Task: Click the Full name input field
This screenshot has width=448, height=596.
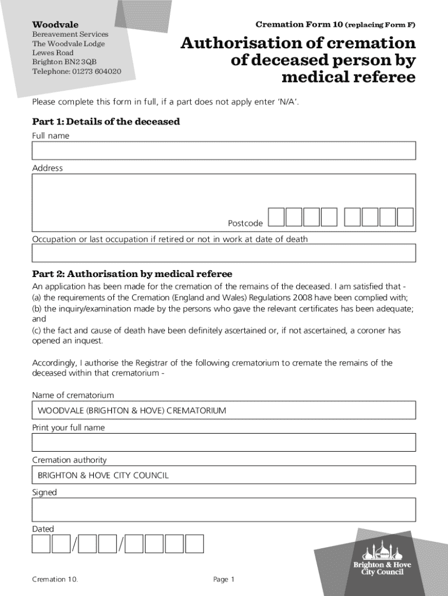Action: tap(224, 151)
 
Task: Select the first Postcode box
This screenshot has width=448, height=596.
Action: tap(276, 217)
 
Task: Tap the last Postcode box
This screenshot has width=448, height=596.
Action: tap(405, 217)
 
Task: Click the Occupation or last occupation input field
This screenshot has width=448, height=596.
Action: tap(224, 253)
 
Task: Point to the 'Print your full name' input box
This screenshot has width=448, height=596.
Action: tap(224, 442)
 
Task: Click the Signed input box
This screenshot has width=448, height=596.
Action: tap(224, 509)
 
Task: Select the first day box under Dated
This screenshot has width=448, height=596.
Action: tap(41, 544)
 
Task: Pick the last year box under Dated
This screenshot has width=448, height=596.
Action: tap(194, 544)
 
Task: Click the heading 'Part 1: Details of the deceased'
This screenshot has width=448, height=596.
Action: tap(106, 122)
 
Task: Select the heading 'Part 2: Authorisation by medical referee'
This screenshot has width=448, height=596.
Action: tap(132, 274)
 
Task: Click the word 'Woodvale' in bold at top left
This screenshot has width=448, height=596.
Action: tap(55, 25)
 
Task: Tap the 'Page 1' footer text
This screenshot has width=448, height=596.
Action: tap(223, 579)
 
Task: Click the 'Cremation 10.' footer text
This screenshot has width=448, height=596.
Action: tap(55, 579)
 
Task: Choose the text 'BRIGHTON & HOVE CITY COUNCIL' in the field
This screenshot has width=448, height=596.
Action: tap(103, 475)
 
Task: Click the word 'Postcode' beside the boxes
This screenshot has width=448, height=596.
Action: tap(245, 223)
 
